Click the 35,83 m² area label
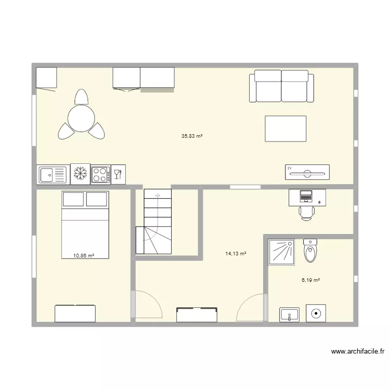pyautogui.click(x=191, y=136)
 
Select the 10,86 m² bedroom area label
pyautogui.click(x=84, y=256)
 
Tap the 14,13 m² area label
pyautogui.click(x=236, y=254)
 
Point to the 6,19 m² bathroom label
pyautogui.click(x=310, y=280)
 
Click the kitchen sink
pyautogui.click(x=53, y=174)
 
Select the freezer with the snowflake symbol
pyautogui.click(x=80, y=174)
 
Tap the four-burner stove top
pyautogui.click(x=100, y=174)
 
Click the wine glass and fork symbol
pyautogui.click(x=118, y=174)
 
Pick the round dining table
pyautogui.click(x=82, y=119)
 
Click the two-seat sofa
pyautogui.click(x=281, y=86)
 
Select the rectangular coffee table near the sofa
pyautogui.click(x=285, y=128)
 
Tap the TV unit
pyautogui.click(x=307, y=172)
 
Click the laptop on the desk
pyautogui.click(x=306, y=196)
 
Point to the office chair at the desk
pyautogui.click(x=306, y=212)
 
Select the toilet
pyautogui.click(x=310, y=251)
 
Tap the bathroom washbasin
pyautogui.click(x=289, y=314)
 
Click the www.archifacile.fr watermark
pyautogui.click(x=357, y=352)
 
